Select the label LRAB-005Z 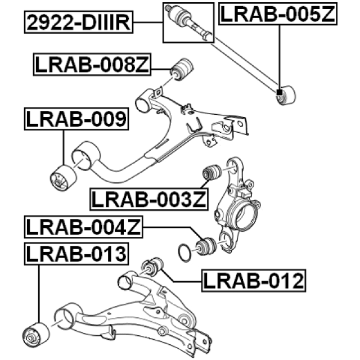point(277,14)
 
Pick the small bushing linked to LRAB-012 point(153,264)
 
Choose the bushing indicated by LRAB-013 point(34,336)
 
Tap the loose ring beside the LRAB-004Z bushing point(184,253)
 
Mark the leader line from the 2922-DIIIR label point(148,22)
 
